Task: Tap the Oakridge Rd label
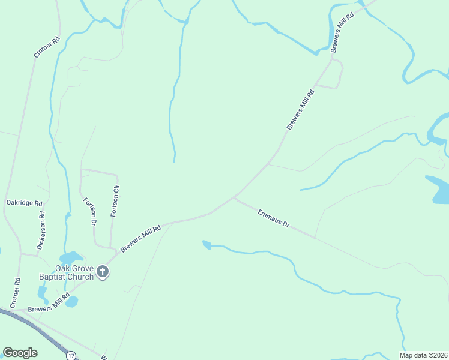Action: click(x=24, y=203)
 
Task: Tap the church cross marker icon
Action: click(x=103, y=273)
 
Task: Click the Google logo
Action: click(x=20, y=352)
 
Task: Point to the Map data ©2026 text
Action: click(x=423, y=355)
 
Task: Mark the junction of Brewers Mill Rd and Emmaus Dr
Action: click(x=235, y=196)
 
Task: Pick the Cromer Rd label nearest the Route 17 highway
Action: click(x=16, y=293)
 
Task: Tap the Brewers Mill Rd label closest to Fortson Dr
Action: click(x=140, y=238)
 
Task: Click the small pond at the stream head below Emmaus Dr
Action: click(x=206, y=244)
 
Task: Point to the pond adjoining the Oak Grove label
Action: click(x=70, y=259)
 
